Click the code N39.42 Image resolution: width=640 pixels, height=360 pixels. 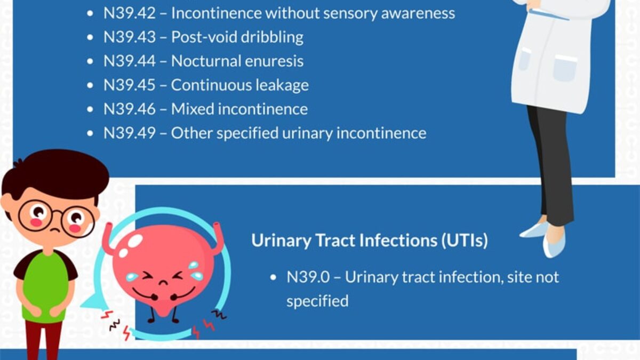pos(130,13)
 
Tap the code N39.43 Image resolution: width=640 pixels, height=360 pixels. pos(130,37)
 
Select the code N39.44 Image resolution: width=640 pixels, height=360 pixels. pos(130,61)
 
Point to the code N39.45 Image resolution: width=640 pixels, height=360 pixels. pos(130,85)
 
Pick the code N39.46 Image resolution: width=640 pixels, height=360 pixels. pos(130,109)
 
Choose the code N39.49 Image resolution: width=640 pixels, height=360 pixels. pos(130,133)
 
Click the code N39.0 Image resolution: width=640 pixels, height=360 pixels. pos(308,277)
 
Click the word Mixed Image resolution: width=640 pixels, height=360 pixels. pos(193,109)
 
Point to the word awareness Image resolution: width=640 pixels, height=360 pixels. pos(418,14)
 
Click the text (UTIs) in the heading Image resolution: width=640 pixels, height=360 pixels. pos(465,241)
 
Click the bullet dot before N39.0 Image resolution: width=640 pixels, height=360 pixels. pos(273,277)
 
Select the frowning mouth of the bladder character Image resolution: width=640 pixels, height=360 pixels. pos(163,283)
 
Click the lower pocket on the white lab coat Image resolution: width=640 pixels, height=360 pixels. pos(564,68)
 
